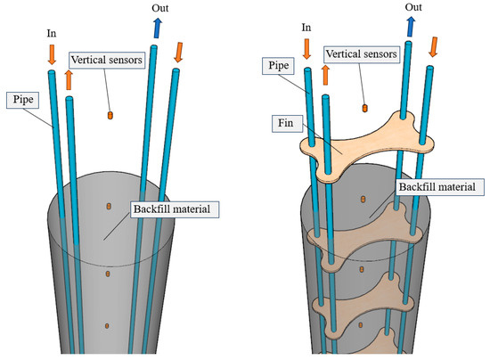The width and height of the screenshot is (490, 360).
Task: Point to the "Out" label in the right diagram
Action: [413, 7]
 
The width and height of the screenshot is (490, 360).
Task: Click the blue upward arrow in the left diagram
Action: [157, 29]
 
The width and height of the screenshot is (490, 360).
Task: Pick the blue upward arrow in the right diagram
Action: [412, 26]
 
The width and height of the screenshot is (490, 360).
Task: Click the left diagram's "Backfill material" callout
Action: [169, 210]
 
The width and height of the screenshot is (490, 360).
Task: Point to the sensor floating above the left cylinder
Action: [110, 115]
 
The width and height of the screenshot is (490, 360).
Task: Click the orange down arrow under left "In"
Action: [52, 53]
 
